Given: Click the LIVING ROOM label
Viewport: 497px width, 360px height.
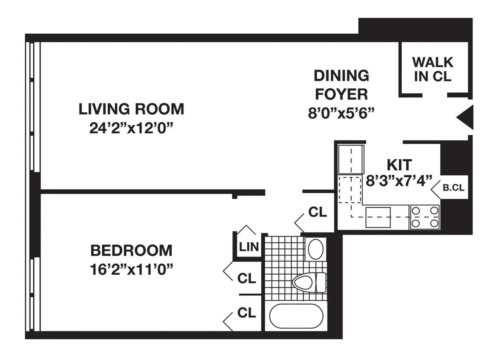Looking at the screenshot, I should [x=131, y=109].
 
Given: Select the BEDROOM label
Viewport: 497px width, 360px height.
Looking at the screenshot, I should [x=131, y=251].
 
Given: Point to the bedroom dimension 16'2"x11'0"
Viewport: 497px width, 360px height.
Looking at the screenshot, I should [x=131, y=269].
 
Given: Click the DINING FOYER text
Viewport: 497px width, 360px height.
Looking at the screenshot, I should [x=341, y=85].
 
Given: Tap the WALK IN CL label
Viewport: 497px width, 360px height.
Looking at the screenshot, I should [x=433, y=70].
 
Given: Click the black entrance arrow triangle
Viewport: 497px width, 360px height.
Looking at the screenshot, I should [x=466, y=117].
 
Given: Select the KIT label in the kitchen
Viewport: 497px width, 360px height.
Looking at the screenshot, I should [x=399, y=165].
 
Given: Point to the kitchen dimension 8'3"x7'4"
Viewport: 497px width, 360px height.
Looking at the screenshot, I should [x=399, y=181].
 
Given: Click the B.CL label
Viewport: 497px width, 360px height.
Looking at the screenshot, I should [x=454, y=188].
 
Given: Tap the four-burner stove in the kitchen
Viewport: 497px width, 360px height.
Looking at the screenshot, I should [x=425, y=217].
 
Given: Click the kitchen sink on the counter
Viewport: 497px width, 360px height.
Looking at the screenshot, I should [x=378, y=217].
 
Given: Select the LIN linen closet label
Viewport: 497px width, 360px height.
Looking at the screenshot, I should [x=248, y=247].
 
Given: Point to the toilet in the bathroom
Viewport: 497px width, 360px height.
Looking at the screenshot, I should [x=309, y=283].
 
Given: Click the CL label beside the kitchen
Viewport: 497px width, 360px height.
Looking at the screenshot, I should [x=318, y=212].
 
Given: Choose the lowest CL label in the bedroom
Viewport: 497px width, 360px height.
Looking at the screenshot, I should [x=246, y=313].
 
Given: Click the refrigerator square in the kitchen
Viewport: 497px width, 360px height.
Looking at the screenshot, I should [x=351, y=159].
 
